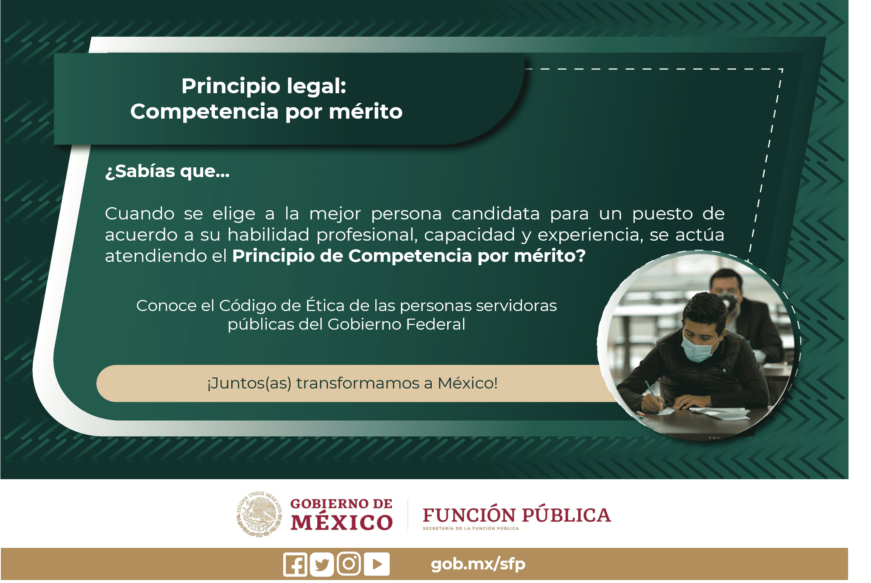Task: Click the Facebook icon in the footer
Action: (x=295, y=564)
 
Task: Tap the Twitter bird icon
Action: (x=322, y=564)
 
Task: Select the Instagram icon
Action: (x=349, y=564)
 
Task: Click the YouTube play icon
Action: (x=377, y=564)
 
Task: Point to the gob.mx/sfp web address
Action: (x=478, y=564)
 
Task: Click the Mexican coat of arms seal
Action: (x=260, y=514)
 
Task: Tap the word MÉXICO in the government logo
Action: (x=342, y=522)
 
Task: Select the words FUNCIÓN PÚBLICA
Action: (x=516, y=515)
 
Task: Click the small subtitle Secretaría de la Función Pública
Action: (x=471, y=529)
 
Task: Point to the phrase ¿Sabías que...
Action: (x=167, y=172)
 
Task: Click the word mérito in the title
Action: (x=366, y=111)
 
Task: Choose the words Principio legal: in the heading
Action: (x=264, y=86)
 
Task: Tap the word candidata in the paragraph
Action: (x=495, y=214)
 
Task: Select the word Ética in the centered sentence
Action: (x=324, y=305)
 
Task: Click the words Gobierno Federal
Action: (x=396, y=324)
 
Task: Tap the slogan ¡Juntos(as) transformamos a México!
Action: (x=352, y=383)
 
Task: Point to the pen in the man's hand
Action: (x=653, y=392)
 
